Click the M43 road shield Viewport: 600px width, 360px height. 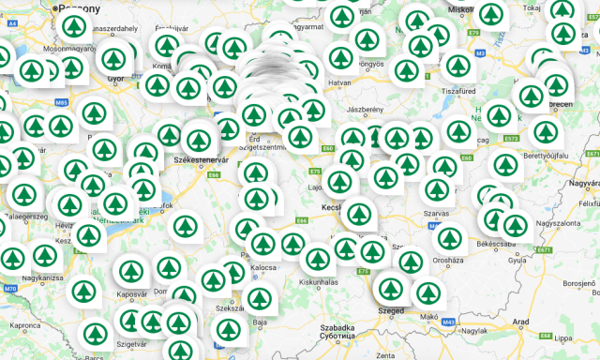[x=448, y=322]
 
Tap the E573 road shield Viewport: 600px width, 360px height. [x=511, y=139]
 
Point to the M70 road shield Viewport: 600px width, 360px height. [x=9, y=289]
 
